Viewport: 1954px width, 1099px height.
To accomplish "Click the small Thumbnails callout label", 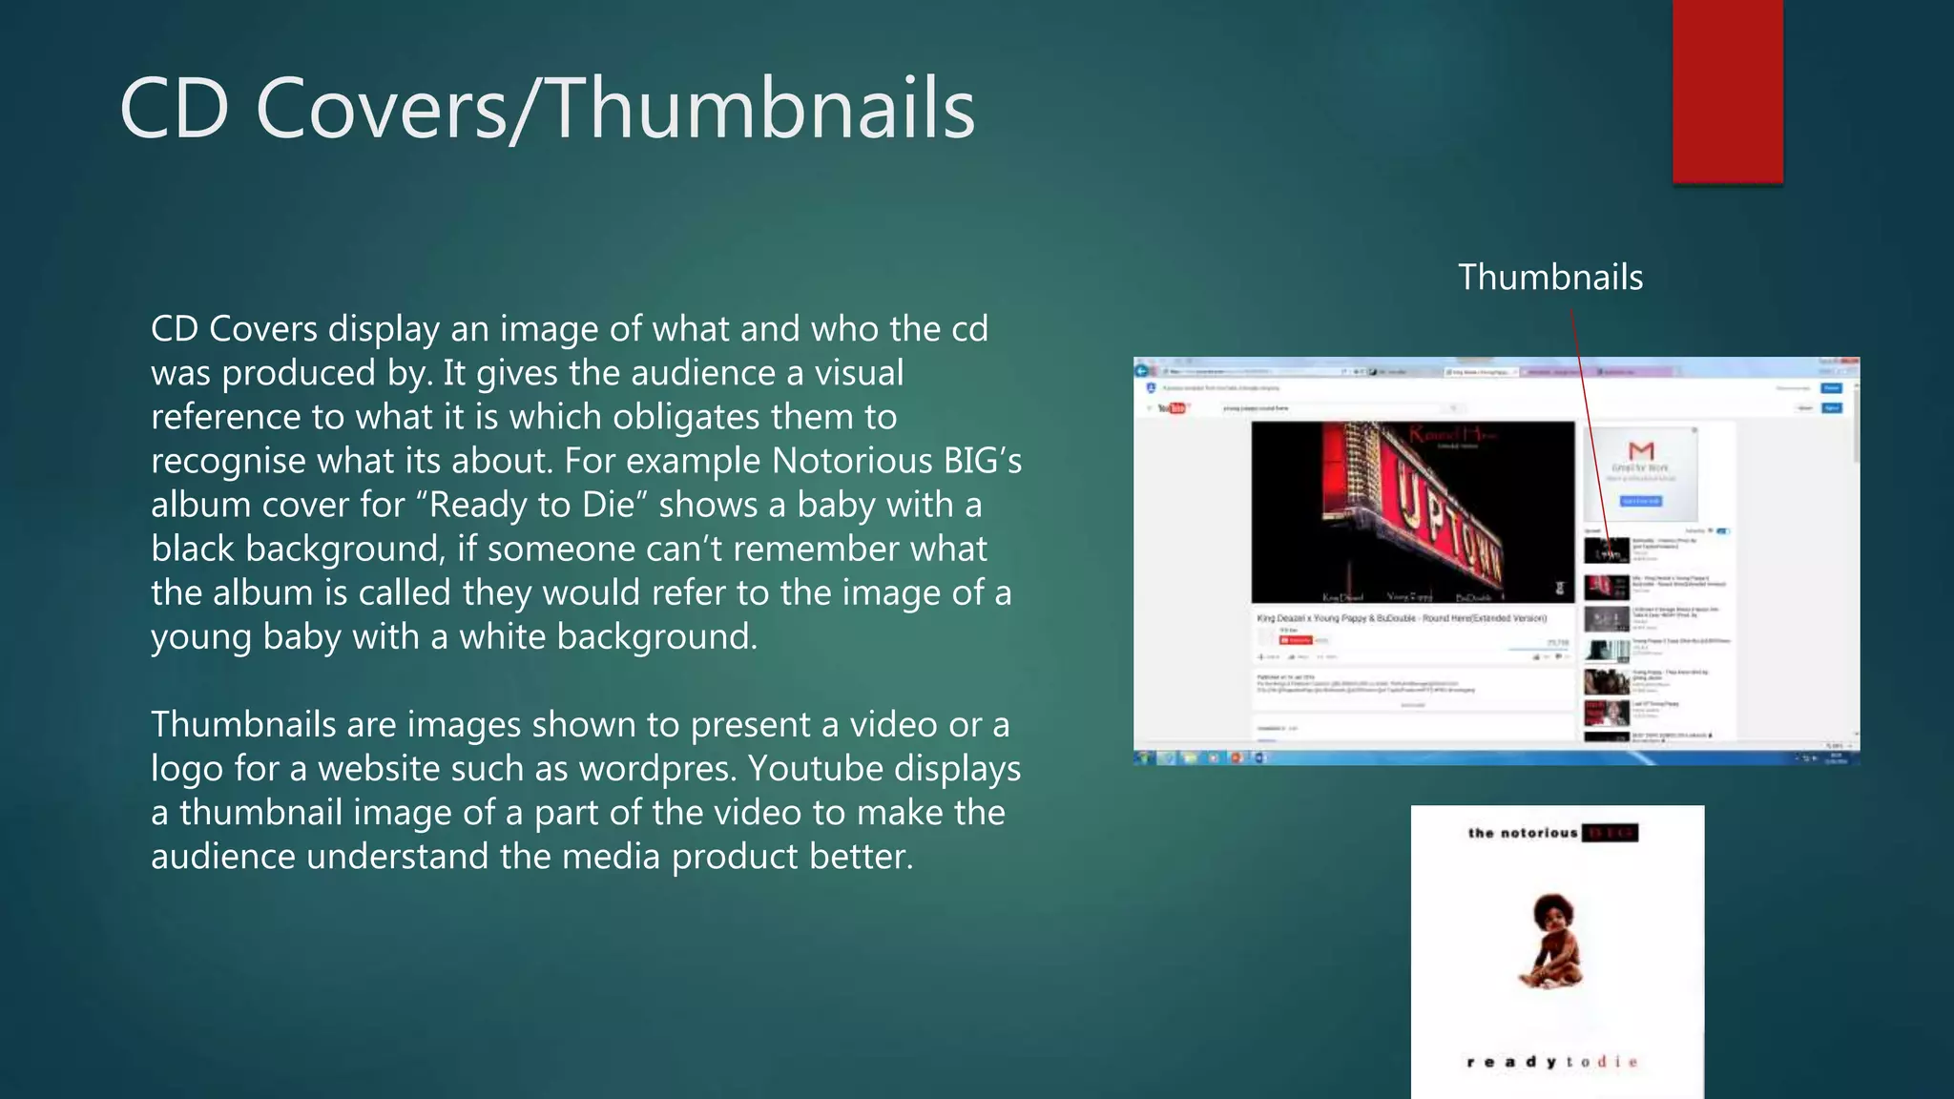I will tap(1550, 278).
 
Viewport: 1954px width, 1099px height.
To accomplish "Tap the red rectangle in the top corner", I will tap(1727, 91).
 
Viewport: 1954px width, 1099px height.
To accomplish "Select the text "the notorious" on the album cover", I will tap(1523, 833).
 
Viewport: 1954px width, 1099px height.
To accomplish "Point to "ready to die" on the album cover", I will tap(1552, 1062).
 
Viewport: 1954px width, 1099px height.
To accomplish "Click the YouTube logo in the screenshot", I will tap(1171, 408).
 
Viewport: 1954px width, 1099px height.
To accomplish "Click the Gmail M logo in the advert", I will tap(1641, 450).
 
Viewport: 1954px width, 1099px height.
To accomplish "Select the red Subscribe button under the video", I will tap(1296, 640).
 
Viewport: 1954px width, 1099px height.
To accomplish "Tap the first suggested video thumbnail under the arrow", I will tap(1606, 550).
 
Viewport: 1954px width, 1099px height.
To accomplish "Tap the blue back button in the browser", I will tap(1143, 370).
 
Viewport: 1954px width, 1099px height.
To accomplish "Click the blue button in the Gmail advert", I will tap(1641, 501).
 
